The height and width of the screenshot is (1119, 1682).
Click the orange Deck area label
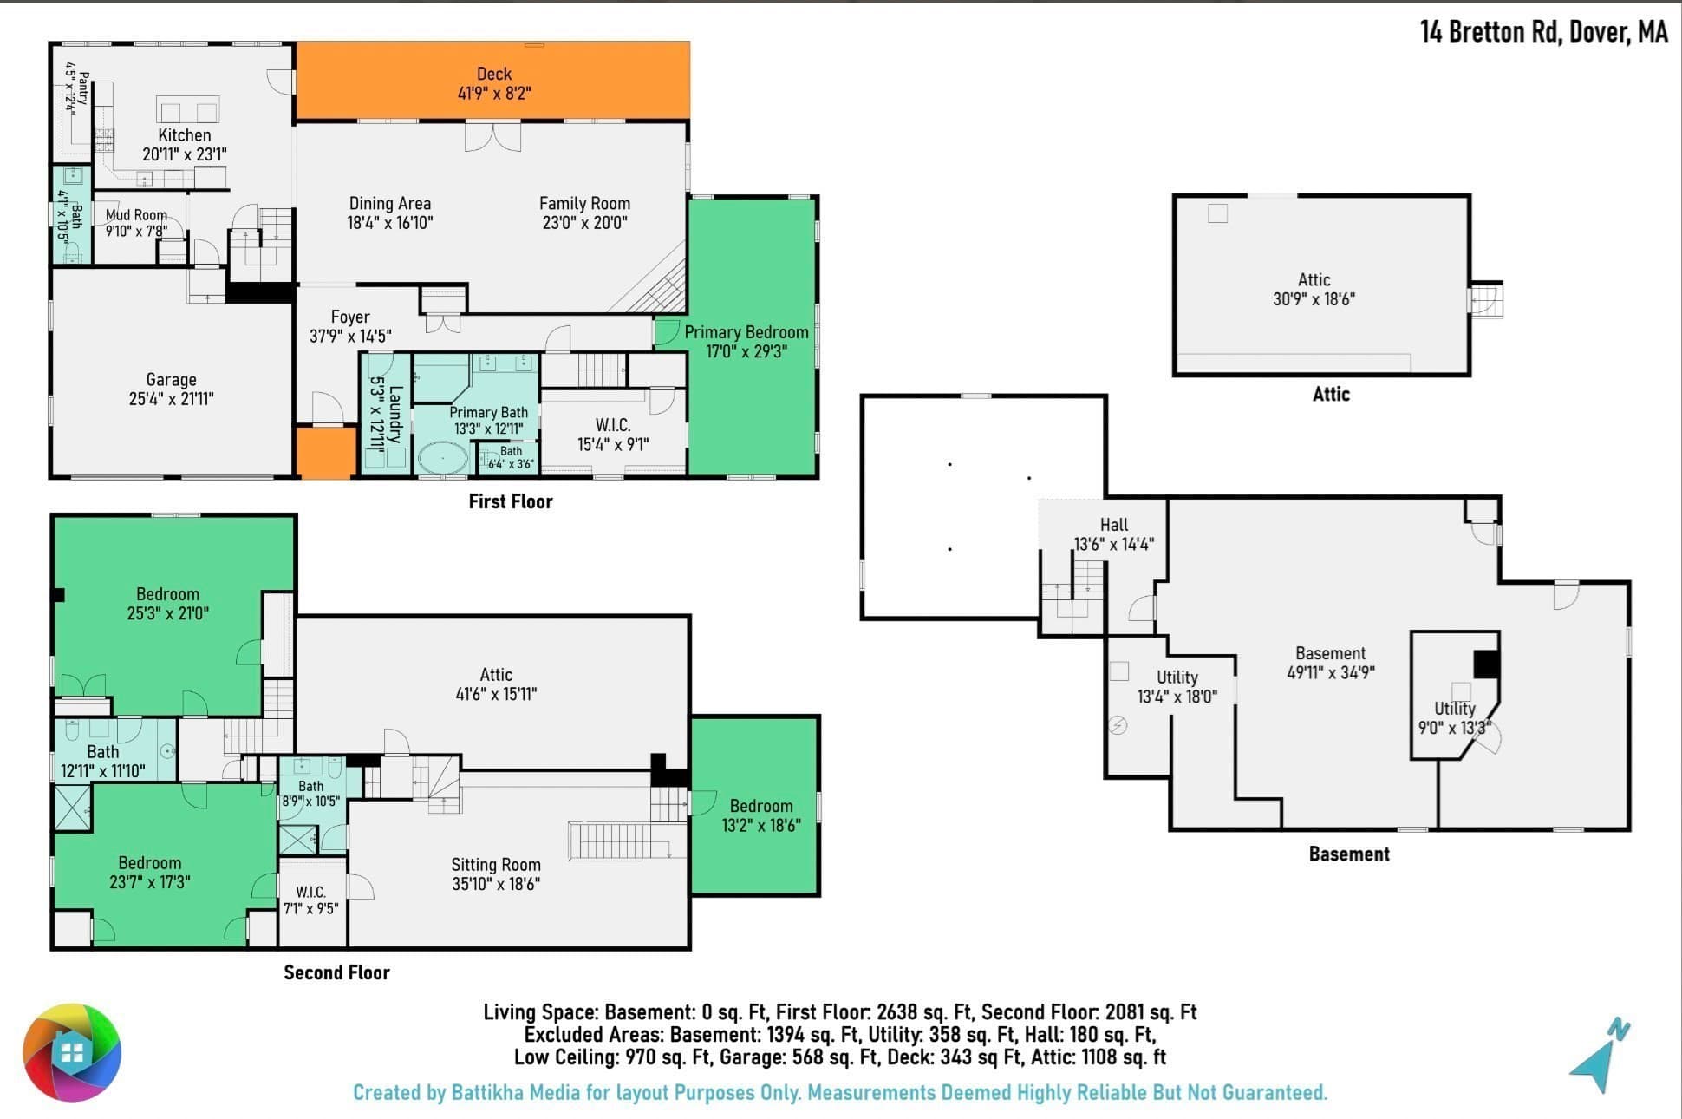pos(494,83)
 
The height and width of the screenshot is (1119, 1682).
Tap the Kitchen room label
pos(185,145)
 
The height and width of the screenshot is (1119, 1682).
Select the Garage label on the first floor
pos(171,389)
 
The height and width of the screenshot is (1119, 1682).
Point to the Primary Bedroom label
pos(746,342)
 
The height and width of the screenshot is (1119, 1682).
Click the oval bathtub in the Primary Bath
pos(443,458)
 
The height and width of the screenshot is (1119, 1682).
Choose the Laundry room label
pos(386,415)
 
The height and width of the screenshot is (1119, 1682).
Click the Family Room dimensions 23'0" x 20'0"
pos(584,223)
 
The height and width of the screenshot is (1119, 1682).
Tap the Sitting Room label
pos(496,874)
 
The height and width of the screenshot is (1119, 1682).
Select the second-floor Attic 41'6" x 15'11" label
pos(496,684)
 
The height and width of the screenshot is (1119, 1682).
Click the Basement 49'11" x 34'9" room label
pos(1331,663)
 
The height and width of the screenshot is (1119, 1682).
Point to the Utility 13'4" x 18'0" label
pos(1177,687)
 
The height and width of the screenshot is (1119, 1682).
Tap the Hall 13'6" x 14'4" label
pos(1114,534)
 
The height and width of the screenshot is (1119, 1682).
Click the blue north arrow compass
pos(1600,1056)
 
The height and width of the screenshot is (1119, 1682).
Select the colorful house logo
pos(72,1052)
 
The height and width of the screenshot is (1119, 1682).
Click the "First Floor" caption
pos(511,501)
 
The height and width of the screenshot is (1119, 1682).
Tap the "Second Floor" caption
pos(337,972)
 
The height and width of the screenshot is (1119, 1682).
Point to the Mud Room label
pos(136,223)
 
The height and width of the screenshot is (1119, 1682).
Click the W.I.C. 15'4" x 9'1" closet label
pos(613,435)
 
